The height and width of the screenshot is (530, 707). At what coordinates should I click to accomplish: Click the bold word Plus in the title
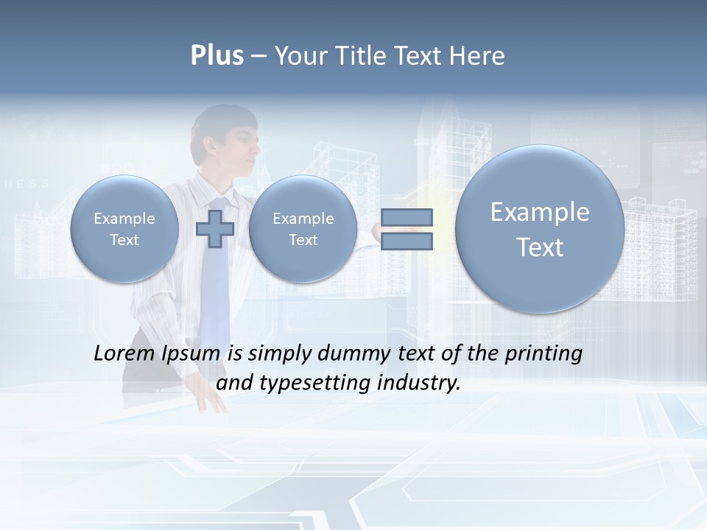[217, 56]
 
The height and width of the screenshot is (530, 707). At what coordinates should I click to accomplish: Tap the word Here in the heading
[476, 56]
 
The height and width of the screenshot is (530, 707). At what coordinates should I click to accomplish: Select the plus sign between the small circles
[214, 228]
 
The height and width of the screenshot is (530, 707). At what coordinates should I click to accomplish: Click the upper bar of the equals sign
[407, 217]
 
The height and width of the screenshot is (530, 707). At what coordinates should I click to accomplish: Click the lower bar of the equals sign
[407, 241]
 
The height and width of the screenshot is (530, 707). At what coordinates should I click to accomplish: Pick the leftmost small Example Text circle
[124, 228]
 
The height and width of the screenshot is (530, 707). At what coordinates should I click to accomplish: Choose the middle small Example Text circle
[303, 228]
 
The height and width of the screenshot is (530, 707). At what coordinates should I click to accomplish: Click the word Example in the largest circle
[540, 212]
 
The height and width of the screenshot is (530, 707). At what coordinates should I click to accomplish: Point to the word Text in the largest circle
[540, 247]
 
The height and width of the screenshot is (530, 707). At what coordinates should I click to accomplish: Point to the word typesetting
[312, 384]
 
